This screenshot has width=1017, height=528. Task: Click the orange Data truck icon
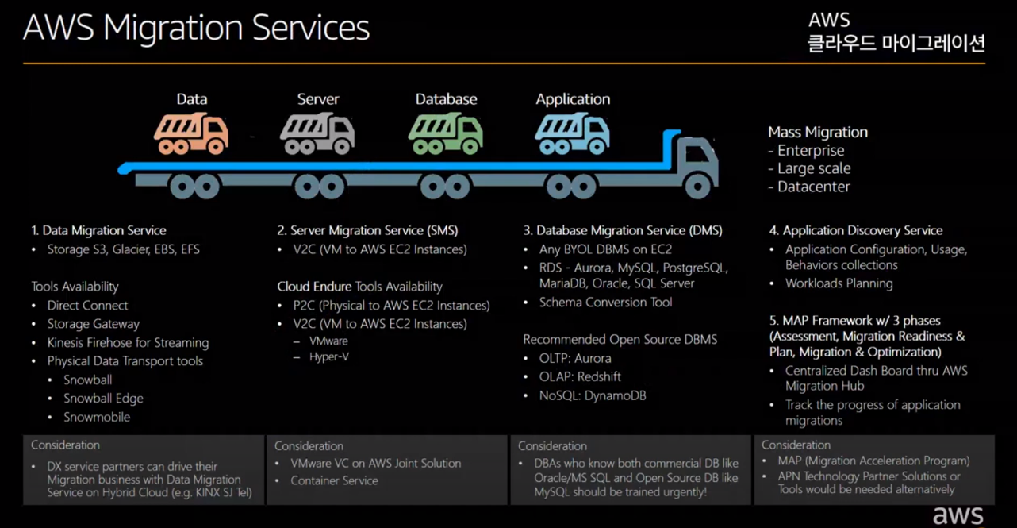[x=191, y=133]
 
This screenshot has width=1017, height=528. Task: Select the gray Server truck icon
[x=317, y=133]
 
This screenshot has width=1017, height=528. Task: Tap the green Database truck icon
[x=445, y=133]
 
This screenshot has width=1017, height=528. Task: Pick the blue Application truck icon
[x=572, y=133]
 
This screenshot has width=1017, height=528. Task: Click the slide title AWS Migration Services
[x=196, y=29]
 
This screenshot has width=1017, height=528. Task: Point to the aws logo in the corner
[x=958, y=515]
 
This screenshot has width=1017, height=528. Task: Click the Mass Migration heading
[x=818, y=132]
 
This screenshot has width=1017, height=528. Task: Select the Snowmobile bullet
[x=97, y=417]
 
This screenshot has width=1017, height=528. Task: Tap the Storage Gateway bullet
[x=93, y=324]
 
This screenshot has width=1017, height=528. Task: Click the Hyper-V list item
[x=329, y=356]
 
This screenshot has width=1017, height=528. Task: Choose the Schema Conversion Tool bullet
[x=605, y=302]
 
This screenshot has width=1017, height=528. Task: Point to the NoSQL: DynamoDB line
[x=593, y=395]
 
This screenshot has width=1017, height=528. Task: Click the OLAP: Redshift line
[x=580, y=376]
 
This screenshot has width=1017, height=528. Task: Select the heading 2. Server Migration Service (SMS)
[x=367, y=230]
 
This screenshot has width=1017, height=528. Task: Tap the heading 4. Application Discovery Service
[x=855, y=230]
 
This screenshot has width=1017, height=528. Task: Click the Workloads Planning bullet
[x=839, y=283]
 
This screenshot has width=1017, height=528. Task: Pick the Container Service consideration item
[x=334, y=480]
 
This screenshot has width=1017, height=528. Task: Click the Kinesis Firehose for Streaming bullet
[x=128, y=342]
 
